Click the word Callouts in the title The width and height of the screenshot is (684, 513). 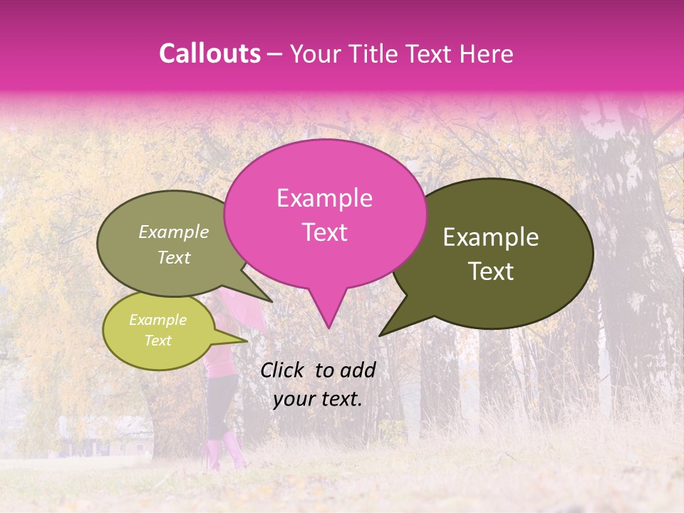click(209, 53)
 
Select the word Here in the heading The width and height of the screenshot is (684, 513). click(487, 53)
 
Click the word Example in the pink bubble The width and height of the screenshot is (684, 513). click(324, 198)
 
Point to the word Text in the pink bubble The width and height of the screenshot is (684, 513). click(324, 232)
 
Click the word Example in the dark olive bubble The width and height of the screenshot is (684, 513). click(491, 237)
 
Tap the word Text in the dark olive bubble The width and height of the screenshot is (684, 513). click(491, 271)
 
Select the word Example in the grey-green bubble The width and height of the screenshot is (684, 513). click(173, 232)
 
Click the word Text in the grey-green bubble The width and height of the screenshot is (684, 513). click(173, 257)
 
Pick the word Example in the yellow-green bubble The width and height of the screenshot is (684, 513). click(157, 320)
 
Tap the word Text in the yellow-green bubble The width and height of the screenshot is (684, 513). click(157, 341)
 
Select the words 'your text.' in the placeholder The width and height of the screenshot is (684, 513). click(317, 399)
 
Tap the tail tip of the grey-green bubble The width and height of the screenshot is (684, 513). click(271, 301)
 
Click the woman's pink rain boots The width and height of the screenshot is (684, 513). click(226, 453)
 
